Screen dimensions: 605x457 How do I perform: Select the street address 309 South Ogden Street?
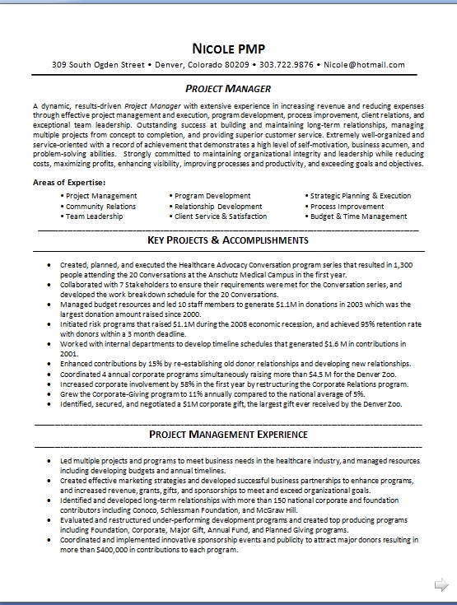(x=98, y=64)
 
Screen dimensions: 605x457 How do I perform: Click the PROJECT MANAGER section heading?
(x=228, y=88)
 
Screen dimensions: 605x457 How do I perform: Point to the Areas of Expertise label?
(x=69, y=181)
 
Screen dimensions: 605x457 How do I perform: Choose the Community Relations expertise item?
(x=100, y=207)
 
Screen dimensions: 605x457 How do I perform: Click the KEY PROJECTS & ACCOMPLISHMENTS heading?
(x=228, y=240)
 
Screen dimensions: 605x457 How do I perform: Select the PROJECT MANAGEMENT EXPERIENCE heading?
(x=228, y=434)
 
